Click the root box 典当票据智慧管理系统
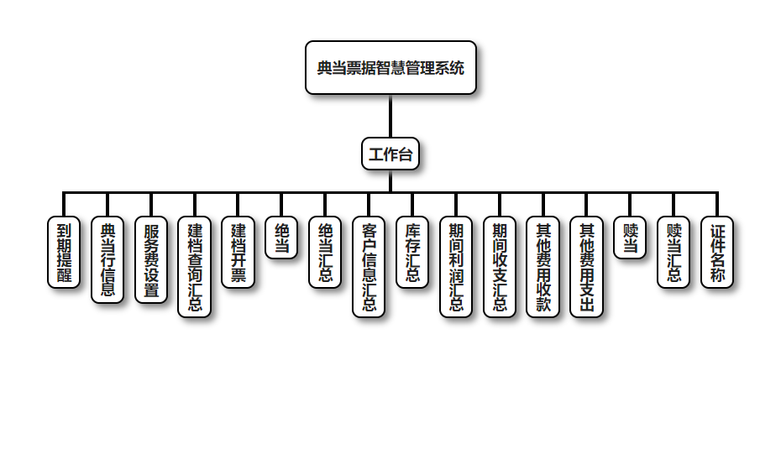click(x=390, y=68)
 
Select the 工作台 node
click(x=390, y=154)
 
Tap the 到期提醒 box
click(x=64, y=253)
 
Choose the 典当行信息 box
click(x=107, y=260)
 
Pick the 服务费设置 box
click(x=151, y=260)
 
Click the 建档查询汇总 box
click(x=195, y=267)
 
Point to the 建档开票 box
click(x=238, y=253)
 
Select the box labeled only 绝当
click(x=281, y=238)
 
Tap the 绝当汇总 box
click(x=325, y=253)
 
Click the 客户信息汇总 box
click(x=369, y=267)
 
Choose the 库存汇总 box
click(x=412, y=253)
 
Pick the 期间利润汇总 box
click(x=456, y=267)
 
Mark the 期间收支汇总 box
click(x=500, y=267)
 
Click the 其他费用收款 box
click(x=543, y=267)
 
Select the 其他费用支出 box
click(x=587, y=267)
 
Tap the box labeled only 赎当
click(x=630, y=238)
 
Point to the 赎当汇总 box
click(x=674, y=253)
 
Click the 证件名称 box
click(x=717, y=253)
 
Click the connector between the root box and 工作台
click(x=390, y=117)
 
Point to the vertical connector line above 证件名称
click(x=717, y=205)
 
